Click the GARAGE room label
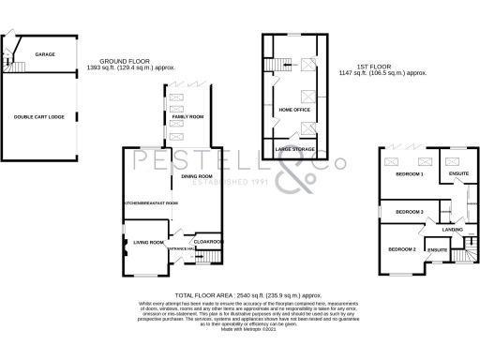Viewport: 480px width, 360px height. (x=45, y=54)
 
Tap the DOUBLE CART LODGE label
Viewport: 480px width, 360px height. (x=38, y=116)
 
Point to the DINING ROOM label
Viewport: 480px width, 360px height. (x=197, y=176)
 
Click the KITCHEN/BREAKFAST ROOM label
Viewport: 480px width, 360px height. (x=151, y=202)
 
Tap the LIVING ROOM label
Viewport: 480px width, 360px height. (x=147, y=243)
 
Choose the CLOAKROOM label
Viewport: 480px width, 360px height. (x=207, y=241)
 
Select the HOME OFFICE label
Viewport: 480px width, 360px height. (x=294, y=111)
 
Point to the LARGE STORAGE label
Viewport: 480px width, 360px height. (x=294, y=148)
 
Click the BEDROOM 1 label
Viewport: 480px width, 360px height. (x=409, y=174)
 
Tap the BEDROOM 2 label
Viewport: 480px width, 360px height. (x=402, y=248)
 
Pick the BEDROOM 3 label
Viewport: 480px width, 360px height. (x=409, y=213)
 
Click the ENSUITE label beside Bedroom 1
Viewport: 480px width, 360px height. (x=459, y=174)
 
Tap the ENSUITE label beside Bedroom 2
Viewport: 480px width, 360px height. (x=437, y=249)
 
